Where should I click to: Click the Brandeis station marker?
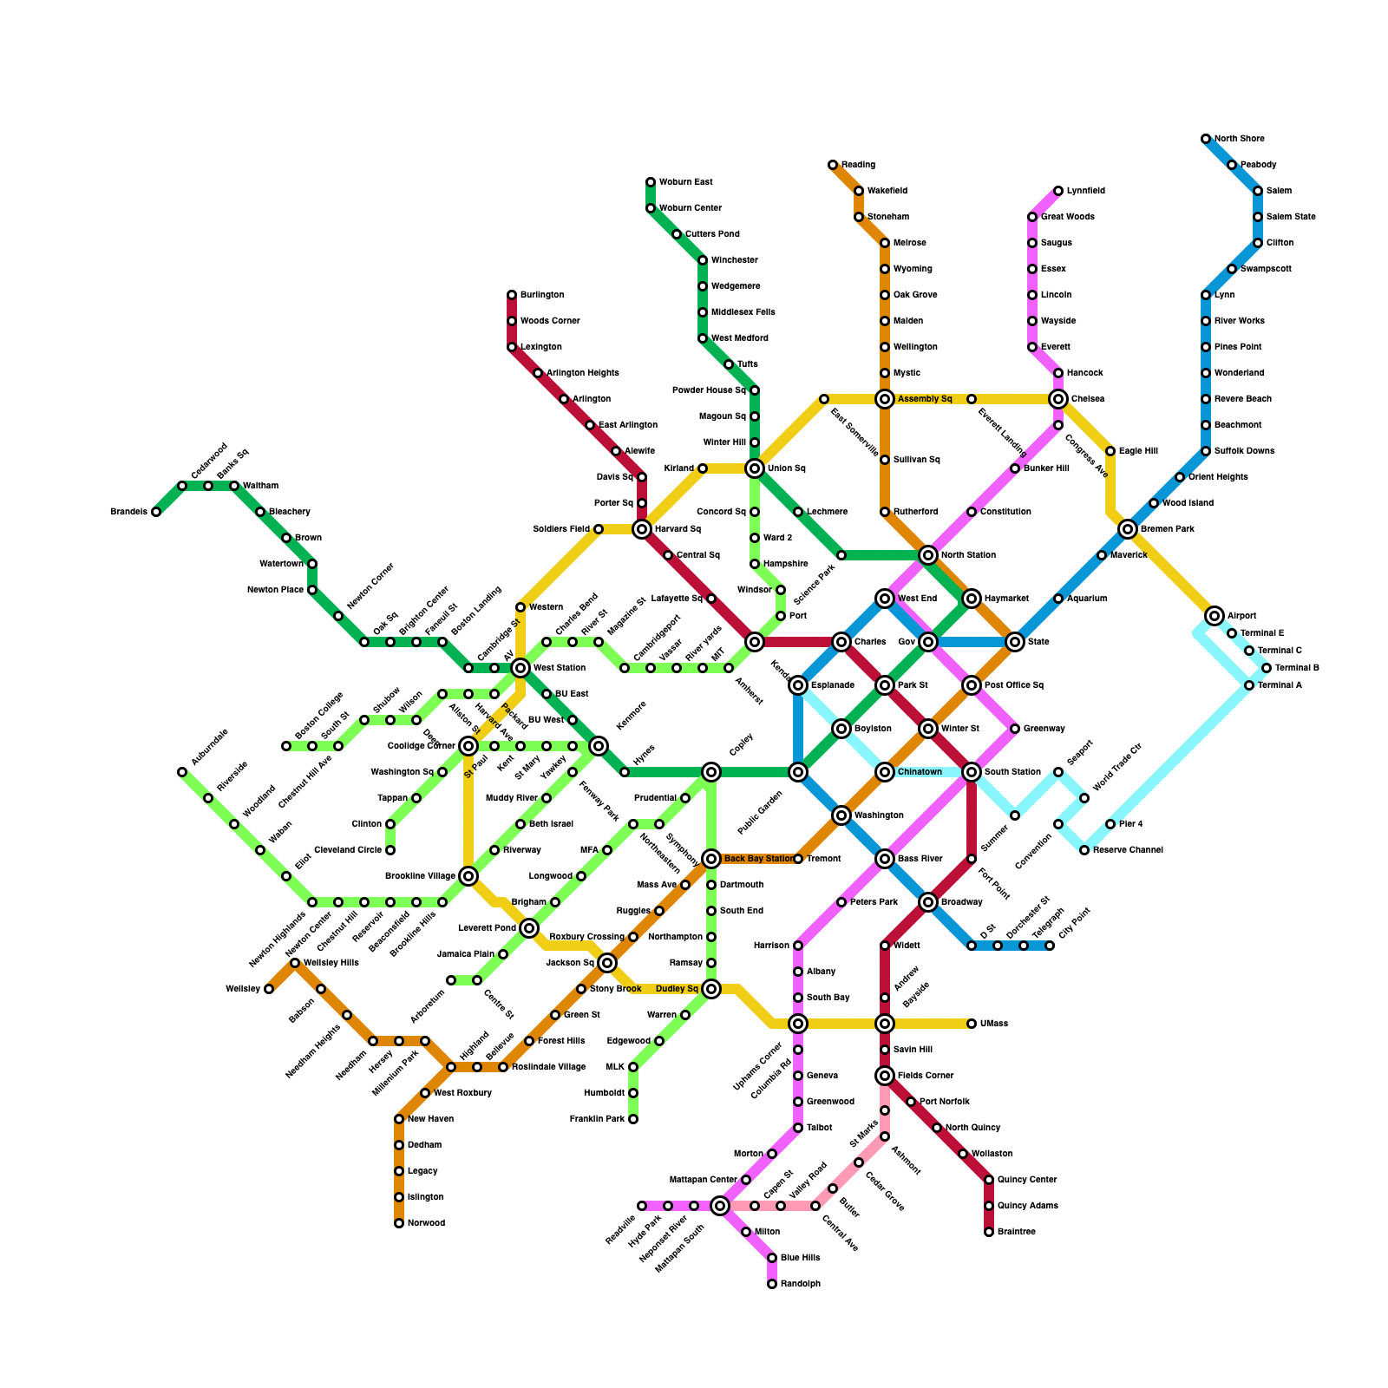156,512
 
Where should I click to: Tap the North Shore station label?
1239,139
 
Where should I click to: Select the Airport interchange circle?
1214,616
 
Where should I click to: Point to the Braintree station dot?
989,1232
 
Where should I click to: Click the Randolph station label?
800,1284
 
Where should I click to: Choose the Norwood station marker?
399,1223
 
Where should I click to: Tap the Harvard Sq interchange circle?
642,529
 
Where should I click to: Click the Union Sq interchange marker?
755,468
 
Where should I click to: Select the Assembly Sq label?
925,399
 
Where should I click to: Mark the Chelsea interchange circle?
1058,399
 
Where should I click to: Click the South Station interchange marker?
972,772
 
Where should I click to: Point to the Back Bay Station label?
758,859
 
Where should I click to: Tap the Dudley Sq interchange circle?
711,989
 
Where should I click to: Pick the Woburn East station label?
685,182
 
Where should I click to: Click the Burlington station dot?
512,295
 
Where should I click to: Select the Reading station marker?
833,165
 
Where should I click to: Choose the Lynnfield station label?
1086,191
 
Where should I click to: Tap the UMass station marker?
972,1024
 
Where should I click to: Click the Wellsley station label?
243,989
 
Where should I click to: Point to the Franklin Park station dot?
633,1119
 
